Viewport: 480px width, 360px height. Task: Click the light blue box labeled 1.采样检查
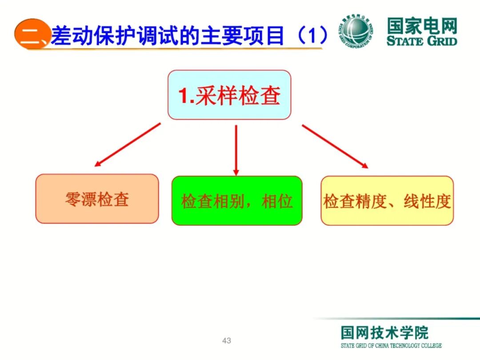tap(229, 95)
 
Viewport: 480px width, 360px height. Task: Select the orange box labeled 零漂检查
tap(97, 199)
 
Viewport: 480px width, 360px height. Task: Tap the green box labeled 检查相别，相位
tap(236, 201)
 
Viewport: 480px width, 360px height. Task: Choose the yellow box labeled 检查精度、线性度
tap(387, 201)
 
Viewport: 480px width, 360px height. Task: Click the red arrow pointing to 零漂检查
tap(127, 145)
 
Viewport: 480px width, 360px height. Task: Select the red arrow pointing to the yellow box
tap(335, 146)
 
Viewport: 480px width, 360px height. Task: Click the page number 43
tap(227, 341)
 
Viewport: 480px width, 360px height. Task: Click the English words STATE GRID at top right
tap(421, 41)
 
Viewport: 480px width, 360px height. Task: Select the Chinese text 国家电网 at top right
tap(421, 26)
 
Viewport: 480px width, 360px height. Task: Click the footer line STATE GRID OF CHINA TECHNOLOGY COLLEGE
tap(391, 346)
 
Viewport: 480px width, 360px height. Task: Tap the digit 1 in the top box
tap(184, 96)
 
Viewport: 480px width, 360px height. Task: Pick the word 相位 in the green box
tap(277, 201)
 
